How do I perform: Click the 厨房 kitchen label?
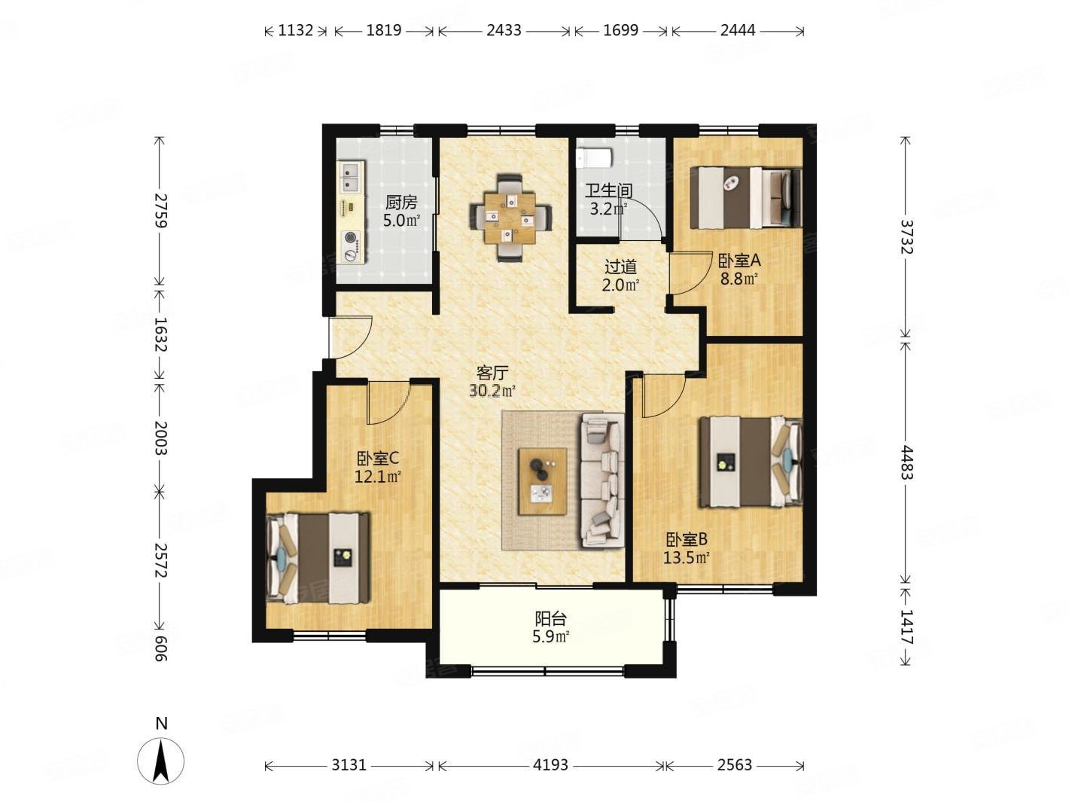pos(400,201)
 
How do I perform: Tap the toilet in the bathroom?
pos(594,157)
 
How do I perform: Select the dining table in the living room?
pos(510,217)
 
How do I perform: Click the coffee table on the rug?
pos(542,480)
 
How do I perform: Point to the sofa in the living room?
pos(602,480)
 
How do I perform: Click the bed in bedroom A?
pos(746,197)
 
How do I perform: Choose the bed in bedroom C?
pos(318,557)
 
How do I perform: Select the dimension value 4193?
pos(550,765)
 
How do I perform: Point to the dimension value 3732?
pos(905,237)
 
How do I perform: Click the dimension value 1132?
pos(295,30)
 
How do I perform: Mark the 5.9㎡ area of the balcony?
pos(551,636)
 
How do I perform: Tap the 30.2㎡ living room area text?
pos(492,391)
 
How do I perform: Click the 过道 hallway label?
pos(620,267)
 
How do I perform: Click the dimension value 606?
pos(160,648)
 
